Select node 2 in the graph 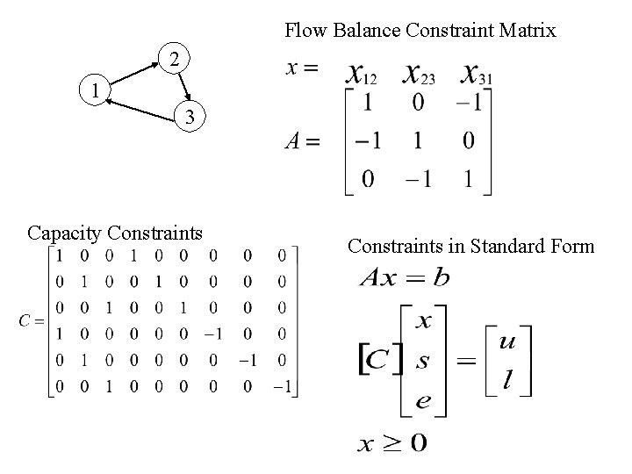(x=175, y=61)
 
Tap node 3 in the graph (x=192, y=116)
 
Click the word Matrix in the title (x=525, y=31)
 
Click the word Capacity (x=65, y=233)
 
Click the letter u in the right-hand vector (x=507, y=341)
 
